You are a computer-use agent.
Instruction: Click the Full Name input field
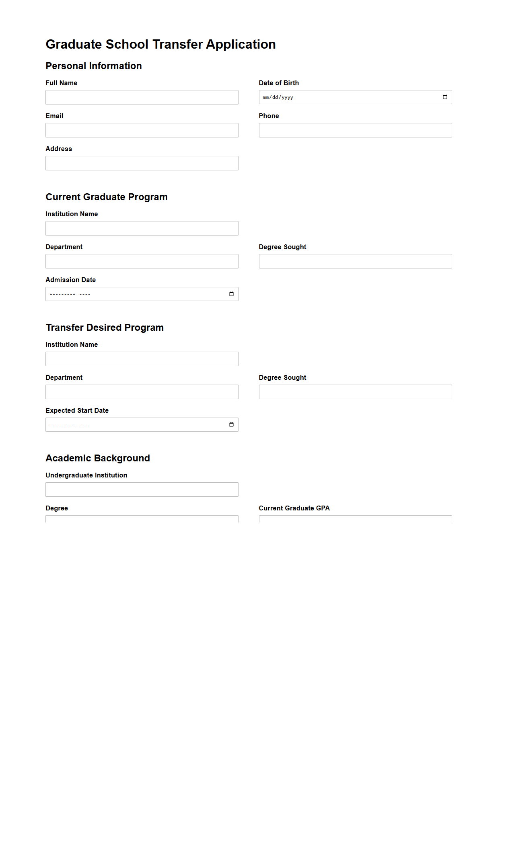[142, 97]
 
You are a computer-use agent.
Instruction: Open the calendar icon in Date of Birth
[445, 97]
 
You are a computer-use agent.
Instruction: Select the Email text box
[142, 130]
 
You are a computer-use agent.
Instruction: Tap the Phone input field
[355, 130]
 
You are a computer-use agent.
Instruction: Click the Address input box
[142, 163]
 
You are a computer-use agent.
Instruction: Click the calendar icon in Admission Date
[231, 294]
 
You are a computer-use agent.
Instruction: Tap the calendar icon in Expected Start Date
[231, 425]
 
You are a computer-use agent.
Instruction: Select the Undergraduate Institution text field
[142, 490]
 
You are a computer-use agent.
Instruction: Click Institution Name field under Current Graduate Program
[142, 228]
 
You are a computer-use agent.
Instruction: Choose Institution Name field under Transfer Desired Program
[142, 359]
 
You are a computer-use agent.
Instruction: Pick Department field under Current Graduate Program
[142, 261]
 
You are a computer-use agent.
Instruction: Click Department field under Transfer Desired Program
[142, 392]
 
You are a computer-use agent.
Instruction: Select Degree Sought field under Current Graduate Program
[355, 261]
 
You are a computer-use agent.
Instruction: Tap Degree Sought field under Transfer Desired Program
[355, 392]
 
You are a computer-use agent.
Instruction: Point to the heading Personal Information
[94, 66]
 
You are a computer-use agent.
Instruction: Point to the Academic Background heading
[98, 458]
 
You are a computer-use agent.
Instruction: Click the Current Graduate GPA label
[294, 508]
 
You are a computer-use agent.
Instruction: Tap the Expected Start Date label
[77, 410]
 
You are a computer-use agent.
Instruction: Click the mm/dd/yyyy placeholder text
[278, 97]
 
